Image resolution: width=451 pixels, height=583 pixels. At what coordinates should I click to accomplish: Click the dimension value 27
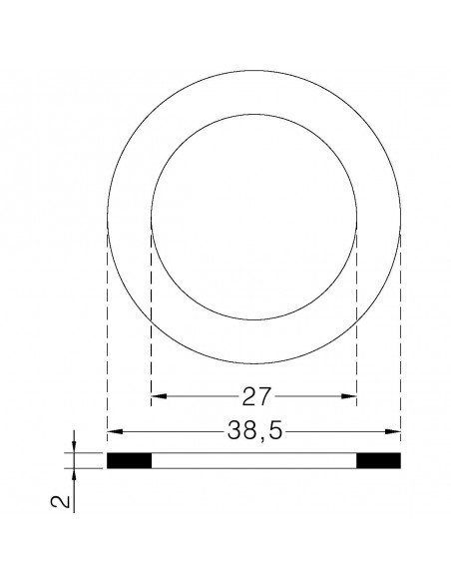pos(253,397)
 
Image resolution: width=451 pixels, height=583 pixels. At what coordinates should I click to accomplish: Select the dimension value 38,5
pos(253,432)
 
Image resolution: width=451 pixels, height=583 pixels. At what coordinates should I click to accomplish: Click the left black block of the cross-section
pos(128,461)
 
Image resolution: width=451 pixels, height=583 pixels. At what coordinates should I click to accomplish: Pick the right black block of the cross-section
pos(378,461)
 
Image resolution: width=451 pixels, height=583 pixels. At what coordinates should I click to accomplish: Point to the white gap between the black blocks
pos(253,461)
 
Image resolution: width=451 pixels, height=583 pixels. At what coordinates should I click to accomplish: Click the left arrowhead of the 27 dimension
pos(155,397)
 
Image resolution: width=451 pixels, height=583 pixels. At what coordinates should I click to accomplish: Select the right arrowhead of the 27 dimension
pos(351,397)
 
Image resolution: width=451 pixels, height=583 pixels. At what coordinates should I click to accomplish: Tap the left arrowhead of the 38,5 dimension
pos(113,432)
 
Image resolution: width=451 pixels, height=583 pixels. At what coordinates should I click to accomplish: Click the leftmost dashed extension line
pos(107,329)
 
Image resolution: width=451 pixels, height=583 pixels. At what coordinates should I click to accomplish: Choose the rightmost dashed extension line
pos(400,329)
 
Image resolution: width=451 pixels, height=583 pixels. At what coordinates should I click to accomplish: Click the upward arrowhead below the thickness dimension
pos(73,475)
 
